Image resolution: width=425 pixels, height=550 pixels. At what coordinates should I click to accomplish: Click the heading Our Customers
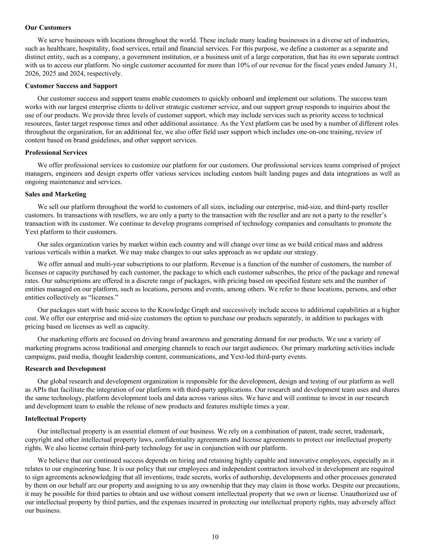click(48, 27)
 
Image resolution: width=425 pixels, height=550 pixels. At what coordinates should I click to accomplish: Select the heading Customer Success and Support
click(71, 86)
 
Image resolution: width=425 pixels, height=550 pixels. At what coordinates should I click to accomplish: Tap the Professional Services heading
click(56, 152)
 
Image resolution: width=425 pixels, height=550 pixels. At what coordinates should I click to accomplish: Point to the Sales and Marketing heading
click(56, 194)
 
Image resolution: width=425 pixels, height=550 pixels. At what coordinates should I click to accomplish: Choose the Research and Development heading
click(65, 369)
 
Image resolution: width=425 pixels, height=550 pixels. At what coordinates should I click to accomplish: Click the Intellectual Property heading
click(56, 419)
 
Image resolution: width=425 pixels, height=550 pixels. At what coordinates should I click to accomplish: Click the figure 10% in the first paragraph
click(218, 65)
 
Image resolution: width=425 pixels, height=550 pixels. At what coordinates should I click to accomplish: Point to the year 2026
click(32, 74)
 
